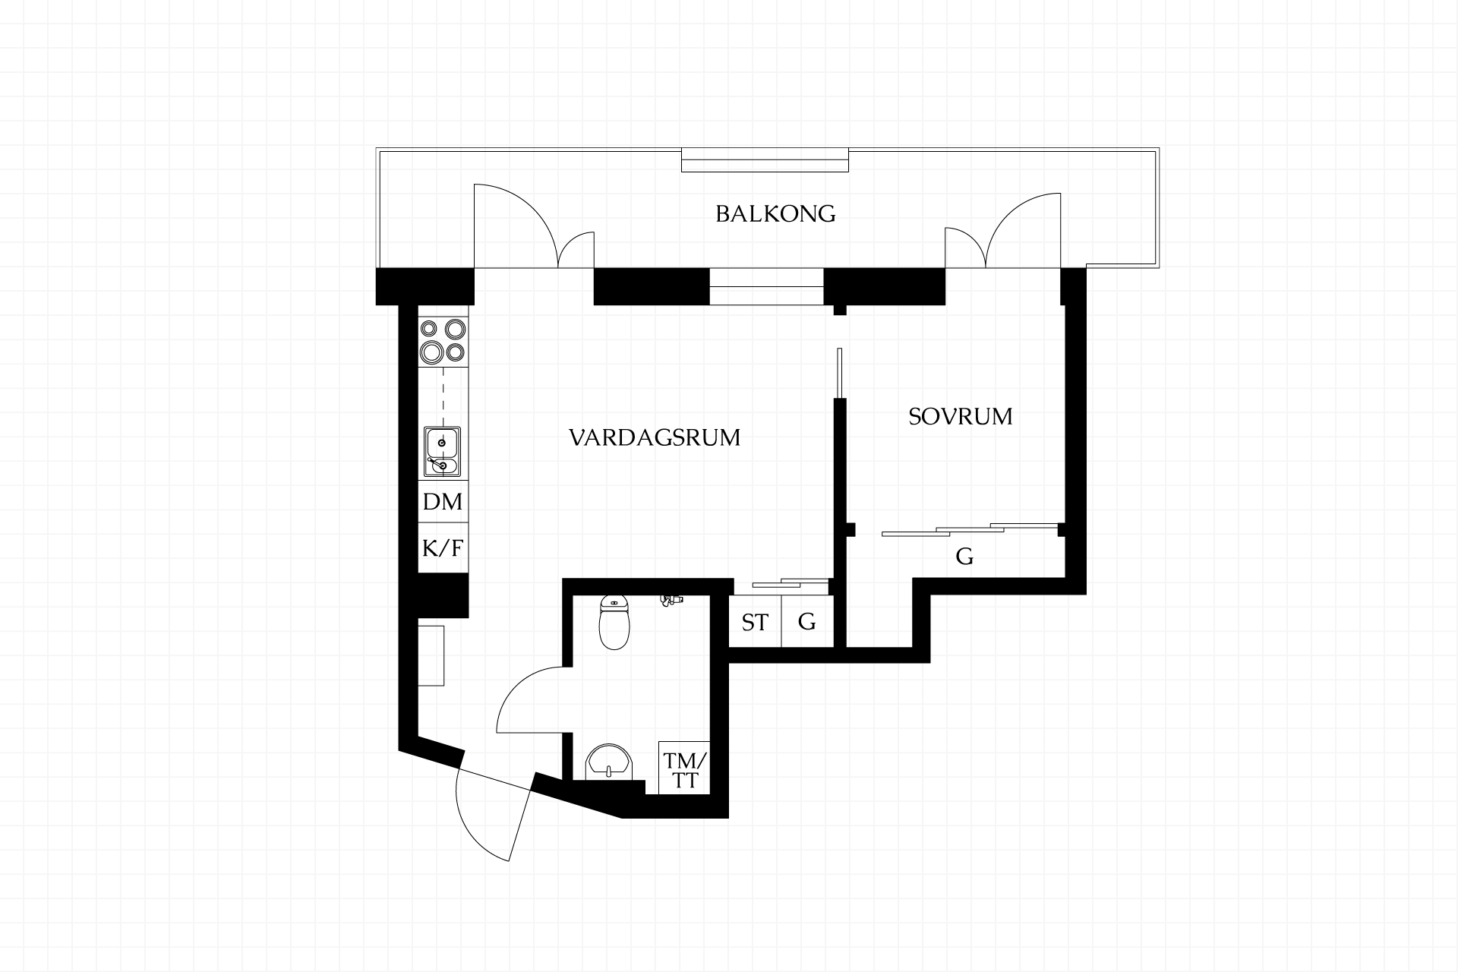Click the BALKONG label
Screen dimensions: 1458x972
pyautogui.click(x=775, y=214)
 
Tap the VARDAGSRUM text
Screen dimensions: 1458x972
pyautogui.click(x=655, y=437)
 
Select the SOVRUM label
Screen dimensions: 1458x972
pyautogui.click(x=961, y=417)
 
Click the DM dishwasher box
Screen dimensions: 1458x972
pyautogui.click(x=443, y=502)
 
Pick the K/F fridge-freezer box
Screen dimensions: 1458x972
pyautogui.click(x=443, y=548)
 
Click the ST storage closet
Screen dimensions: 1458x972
pyautogui.click(x=755, y=622)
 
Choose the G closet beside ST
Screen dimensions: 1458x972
pyautogui.click(x=808, y=622)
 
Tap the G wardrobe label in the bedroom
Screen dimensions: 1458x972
pyautogui.click(x=964, y=557)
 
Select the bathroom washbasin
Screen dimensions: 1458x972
pyautogui.click(x=610, y=762)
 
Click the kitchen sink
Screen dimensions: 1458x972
pyautogui.click(x=442, y=452)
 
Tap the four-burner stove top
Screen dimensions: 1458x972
pyautogui.click(x=443, y=340)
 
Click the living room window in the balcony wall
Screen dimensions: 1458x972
pyautogui.click(x=766, y=286)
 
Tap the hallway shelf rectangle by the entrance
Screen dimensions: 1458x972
pyautogui.click(x=431, y=655)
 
